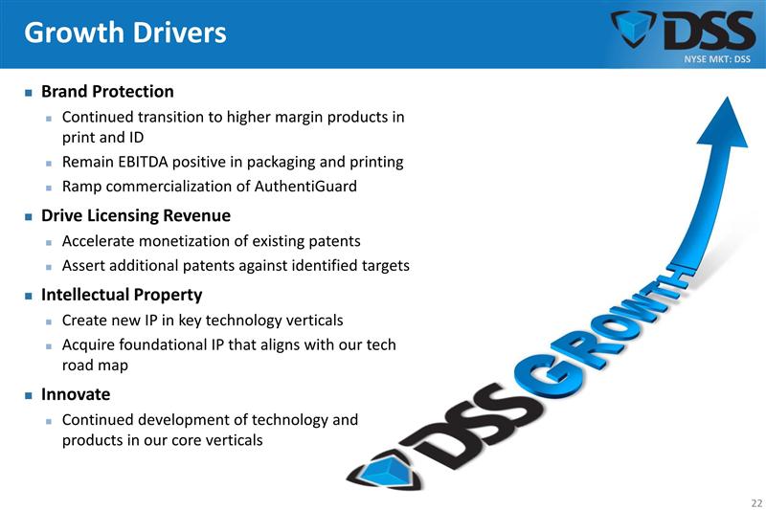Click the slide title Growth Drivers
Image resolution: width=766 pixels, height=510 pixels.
pos(124,33)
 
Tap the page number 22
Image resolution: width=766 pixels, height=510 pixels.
pos(756,502)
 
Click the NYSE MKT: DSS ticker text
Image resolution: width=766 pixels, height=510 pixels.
pos(717,59)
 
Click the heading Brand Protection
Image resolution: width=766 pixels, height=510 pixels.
pos(107,92)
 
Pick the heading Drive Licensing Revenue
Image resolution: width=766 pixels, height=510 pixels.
pos(135,216)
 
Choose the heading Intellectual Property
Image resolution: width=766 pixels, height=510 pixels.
pos(122,295)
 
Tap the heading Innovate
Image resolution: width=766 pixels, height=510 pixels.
pos(76,394)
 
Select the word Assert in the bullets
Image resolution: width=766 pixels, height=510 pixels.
pos(84,265)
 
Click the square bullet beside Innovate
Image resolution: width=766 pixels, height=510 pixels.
pos(29,395)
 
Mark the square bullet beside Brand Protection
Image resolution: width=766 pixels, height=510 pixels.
pos(29,93)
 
